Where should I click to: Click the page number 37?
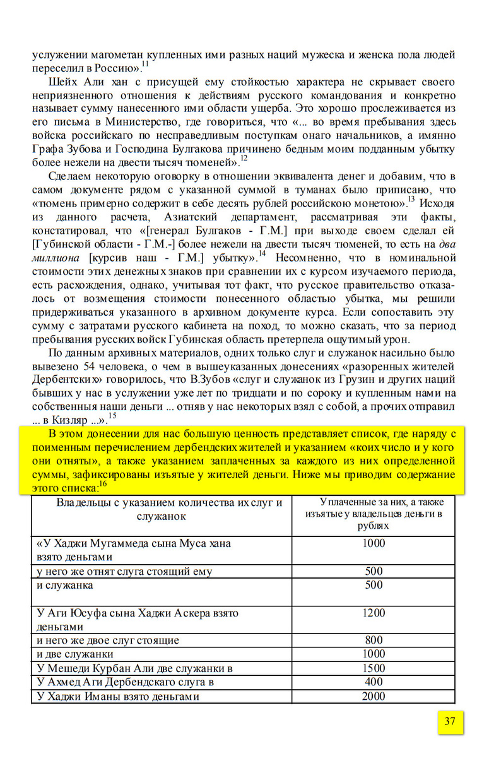click(450, 722)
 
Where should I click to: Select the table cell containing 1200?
click(374, 613)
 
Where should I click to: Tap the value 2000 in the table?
click(374, 697)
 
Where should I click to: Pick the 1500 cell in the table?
click(374, 668)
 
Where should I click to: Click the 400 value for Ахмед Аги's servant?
click(374, 682)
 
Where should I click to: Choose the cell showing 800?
click(374, 641)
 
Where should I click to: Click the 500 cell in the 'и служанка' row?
click(374, 585)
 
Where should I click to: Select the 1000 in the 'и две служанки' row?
click(374, 654)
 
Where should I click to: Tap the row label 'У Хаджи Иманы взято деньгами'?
click(119, 697)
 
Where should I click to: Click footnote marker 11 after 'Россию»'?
click(145, 64)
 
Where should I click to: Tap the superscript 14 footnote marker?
click(262, 255)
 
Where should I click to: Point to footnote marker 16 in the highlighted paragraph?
click(103, 484)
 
